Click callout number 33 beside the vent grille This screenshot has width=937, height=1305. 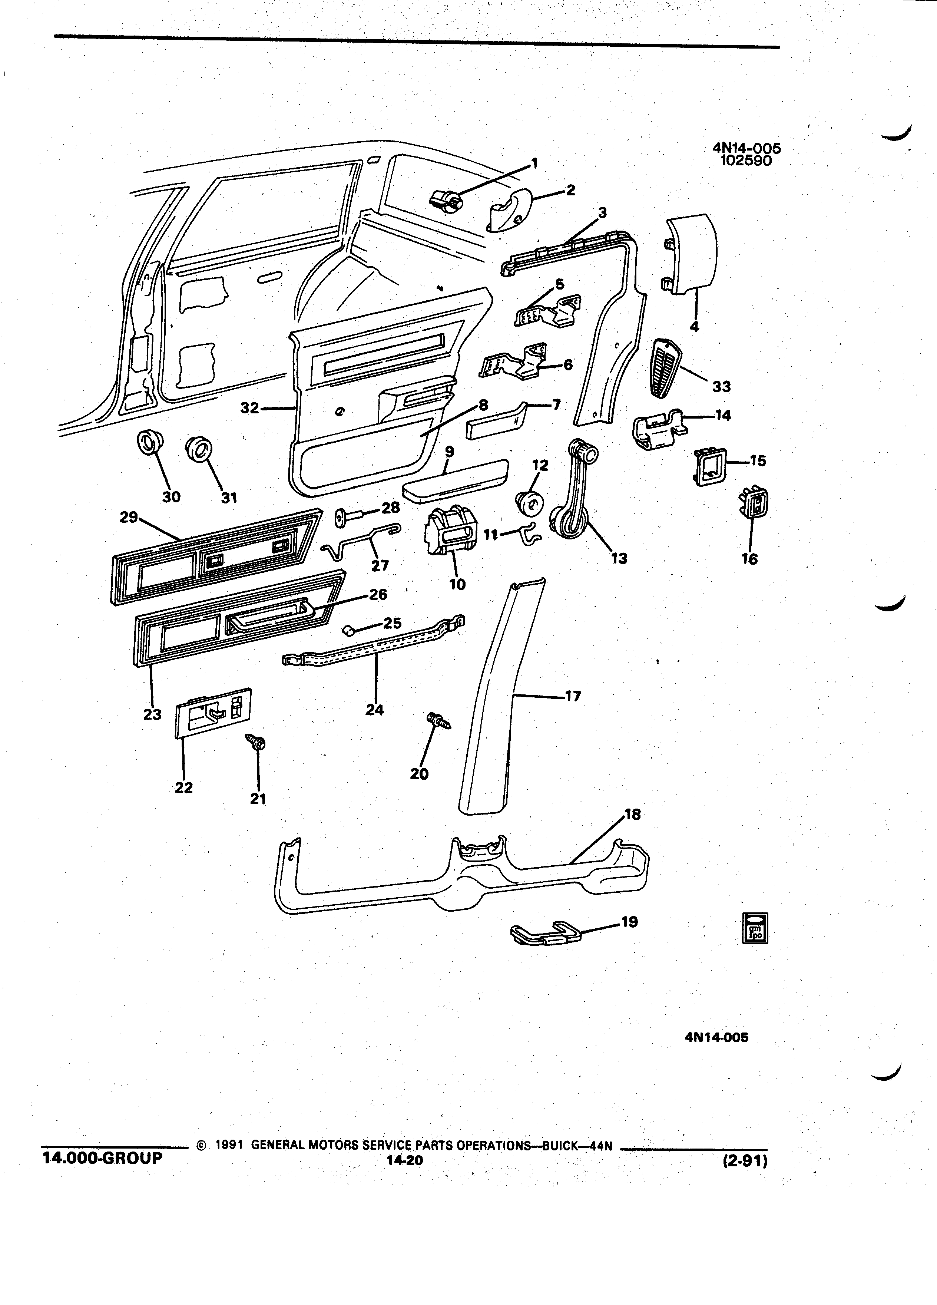click(721, 387)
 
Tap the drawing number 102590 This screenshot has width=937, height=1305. click(746, 161)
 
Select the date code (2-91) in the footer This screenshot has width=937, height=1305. click(745, 1161)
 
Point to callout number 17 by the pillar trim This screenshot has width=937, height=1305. click(573, 696)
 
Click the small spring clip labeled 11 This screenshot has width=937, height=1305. click(530, 535)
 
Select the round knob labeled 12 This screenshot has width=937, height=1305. click(530, 504)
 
